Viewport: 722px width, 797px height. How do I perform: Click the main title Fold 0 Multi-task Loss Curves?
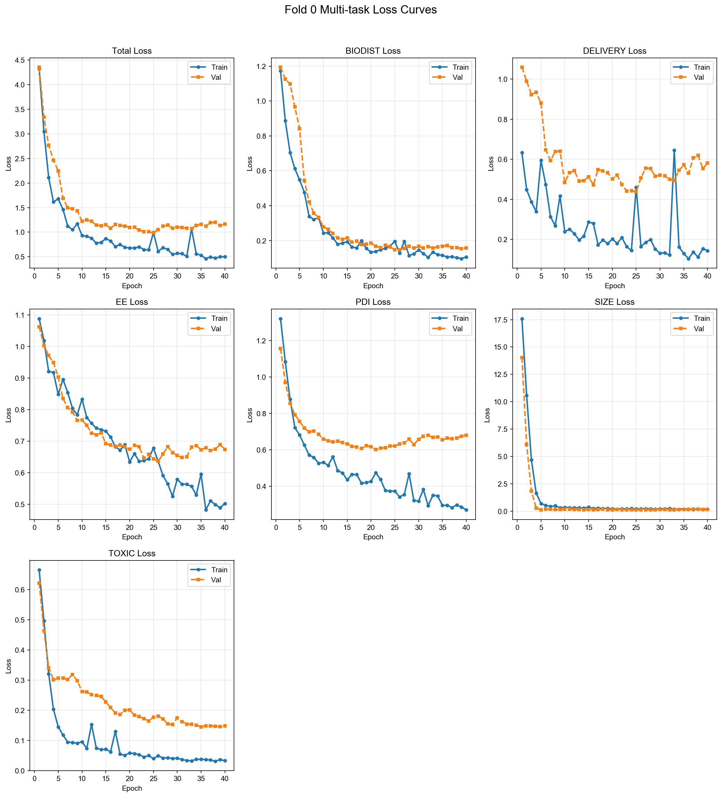(x=360, y=10)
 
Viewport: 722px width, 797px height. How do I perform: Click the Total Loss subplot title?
(x=132, y=51)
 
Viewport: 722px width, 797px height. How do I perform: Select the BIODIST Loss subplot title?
(x=373, y=51)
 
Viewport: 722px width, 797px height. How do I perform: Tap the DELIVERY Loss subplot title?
(x=615, y=51)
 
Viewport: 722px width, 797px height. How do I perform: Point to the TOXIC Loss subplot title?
(x=132, y=554)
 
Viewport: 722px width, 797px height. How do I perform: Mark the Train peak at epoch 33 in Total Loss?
(x=192, y=229)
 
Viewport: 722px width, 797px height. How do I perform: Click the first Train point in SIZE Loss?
(x=522, y=319)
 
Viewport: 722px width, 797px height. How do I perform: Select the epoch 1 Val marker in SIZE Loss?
(x=522, y=358)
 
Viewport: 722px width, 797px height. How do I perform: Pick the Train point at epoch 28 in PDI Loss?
(x=409, y=474)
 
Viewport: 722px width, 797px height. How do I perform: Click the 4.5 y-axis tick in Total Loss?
(x=20, y=60)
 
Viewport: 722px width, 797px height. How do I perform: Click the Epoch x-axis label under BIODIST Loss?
(x=373, y=286)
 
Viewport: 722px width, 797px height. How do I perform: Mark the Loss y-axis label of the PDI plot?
(x=250, y=415)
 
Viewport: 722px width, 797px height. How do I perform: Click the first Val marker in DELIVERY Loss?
(x=522, y=68)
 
